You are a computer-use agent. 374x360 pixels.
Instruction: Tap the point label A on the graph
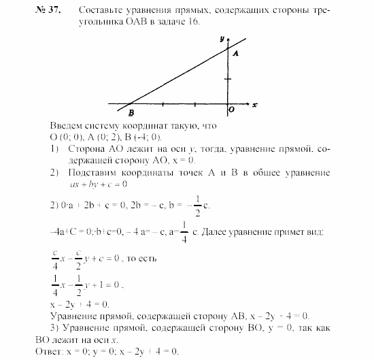click(235, 52)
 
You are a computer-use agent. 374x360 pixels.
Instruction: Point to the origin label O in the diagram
click(232, 109)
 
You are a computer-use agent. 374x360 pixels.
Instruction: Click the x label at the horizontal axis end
click(254, 105)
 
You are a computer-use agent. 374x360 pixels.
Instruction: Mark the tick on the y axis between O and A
click(228, 79)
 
